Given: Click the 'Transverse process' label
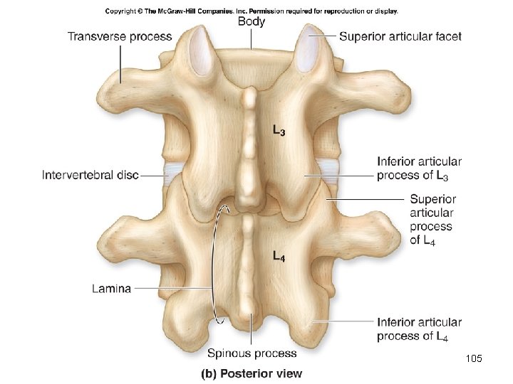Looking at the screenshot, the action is (120, 36).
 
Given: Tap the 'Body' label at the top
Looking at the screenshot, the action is (251, 22).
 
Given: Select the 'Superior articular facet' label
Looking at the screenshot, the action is (400, 36).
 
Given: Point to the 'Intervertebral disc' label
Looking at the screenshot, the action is (90, 174).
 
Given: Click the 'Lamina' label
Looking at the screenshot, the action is (111, 288).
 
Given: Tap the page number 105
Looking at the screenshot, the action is (473, 358).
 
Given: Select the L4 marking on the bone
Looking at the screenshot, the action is (280, 257).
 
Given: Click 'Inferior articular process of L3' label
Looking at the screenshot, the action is (419, 169).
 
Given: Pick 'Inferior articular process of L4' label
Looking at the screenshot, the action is (419, 329).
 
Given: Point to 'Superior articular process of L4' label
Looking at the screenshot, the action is (431, 220).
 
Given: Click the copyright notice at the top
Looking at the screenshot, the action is (252, 11).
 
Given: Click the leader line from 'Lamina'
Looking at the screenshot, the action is (175, 288).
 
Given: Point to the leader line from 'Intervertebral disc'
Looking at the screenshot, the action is (153, 174).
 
